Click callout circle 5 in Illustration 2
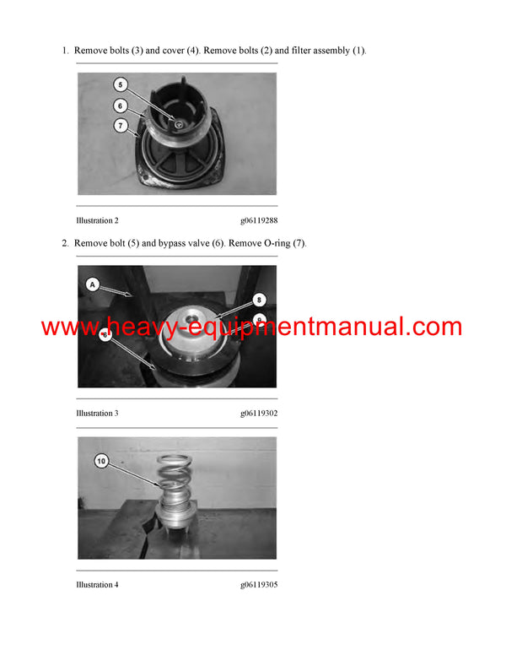click(120, 84)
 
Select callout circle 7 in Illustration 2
click(120, 126)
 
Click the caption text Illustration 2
click(97, 220)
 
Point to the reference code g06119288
click(258, 220)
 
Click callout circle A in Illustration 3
click(90, 285)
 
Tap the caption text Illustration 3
click(97, 414)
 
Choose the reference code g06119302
click(258, 414)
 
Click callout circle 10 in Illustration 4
click(101, 461)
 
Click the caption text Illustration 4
click(97, 585)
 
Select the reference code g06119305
click(258, 585)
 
